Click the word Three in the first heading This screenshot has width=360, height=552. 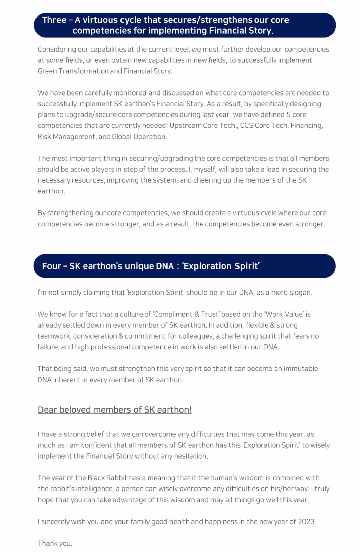(x=54, y=20)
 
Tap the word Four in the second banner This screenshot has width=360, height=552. (x=51, y=266)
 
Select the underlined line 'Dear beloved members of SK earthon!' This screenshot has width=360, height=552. (x=114, y=410)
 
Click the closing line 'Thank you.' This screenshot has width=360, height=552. (x=55, y=543)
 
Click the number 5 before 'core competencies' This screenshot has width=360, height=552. (x=288, y=115)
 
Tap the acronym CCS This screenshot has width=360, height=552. (x=247, y=126)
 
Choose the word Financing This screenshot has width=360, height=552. (x=306, y=126)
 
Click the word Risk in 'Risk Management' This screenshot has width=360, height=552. (x=44, y=137)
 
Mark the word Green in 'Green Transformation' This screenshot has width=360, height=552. (x=47, y=71)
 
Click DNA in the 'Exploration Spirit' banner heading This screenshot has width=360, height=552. (x=165, y=266)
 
